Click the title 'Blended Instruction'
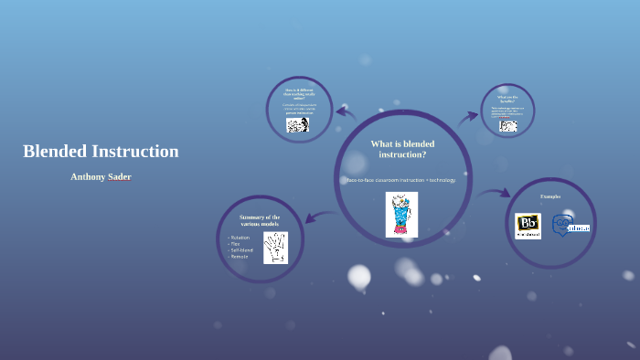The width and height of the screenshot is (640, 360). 101,152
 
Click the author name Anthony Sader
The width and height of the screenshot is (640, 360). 101,176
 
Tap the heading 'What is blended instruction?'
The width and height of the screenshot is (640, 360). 402,149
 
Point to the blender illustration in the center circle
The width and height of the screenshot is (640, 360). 401,215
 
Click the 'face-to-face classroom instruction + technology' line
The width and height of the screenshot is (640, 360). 400,180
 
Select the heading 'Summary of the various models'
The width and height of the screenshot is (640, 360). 260,220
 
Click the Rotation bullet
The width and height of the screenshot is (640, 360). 240,238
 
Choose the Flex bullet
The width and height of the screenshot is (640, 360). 236,244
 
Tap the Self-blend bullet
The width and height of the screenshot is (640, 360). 242,250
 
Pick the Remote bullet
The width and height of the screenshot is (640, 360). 240,257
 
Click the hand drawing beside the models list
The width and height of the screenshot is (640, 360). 275,248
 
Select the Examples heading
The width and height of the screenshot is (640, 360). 550,196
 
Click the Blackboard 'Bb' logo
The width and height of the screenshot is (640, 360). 528,226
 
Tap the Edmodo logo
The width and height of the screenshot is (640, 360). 571,225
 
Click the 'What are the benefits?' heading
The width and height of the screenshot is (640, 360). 507,98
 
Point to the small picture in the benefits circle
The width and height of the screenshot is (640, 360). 508,125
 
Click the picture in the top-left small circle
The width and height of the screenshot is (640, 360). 297,124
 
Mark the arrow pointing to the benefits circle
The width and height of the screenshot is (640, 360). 468,116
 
